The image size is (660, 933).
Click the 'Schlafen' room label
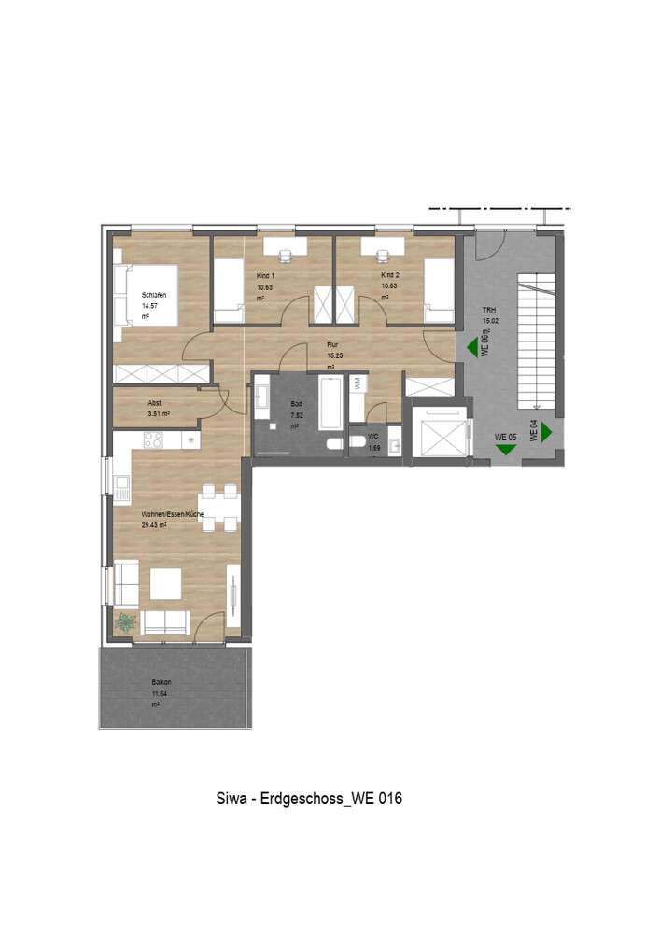click(x=154, y=295)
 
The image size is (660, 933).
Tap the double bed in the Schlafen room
click(x=131, y=295)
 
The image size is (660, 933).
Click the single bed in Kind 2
click(x=439, y=291)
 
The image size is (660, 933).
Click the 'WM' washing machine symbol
click(x=358, y=383)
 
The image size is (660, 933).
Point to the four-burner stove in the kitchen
click(x=153, y=439)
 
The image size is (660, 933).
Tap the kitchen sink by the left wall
click(x=122, y=483)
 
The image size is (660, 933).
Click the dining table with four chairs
click(x=220, y=508)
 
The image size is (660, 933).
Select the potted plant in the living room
click(x=125, y=620)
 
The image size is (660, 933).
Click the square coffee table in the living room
click(x=166, y=584)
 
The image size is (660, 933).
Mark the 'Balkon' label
click(x=161, y=682)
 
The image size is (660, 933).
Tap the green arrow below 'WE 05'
click(x=505, y=450)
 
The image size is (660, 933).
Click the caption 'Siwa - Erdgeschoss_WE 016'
click(x=309, y=800)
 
